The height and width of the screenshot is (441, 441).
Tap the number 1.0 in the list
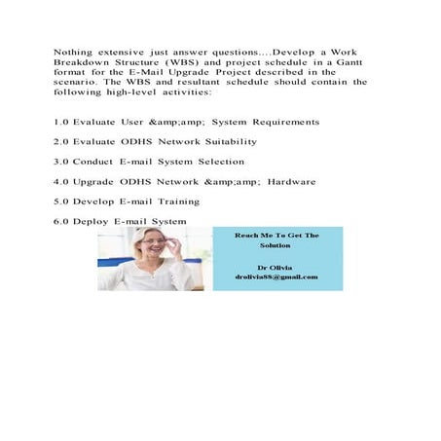(x=60, y=122)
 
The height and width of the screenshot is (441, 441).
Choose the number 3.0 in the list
(x=60, y=162)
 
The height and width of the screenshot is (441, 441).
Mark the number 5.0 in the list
(x=60, y=202)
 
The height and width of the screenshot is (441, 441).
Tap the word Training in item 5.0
(x=176, y=202)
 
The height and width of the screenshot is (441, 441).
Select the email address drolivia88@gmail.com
(x=276, y=277)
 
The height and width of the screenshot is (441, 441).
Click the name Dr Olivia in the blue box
(x=276, y=266)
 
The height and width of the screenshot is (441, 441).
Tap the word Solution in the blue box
(x=276, y=245)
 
